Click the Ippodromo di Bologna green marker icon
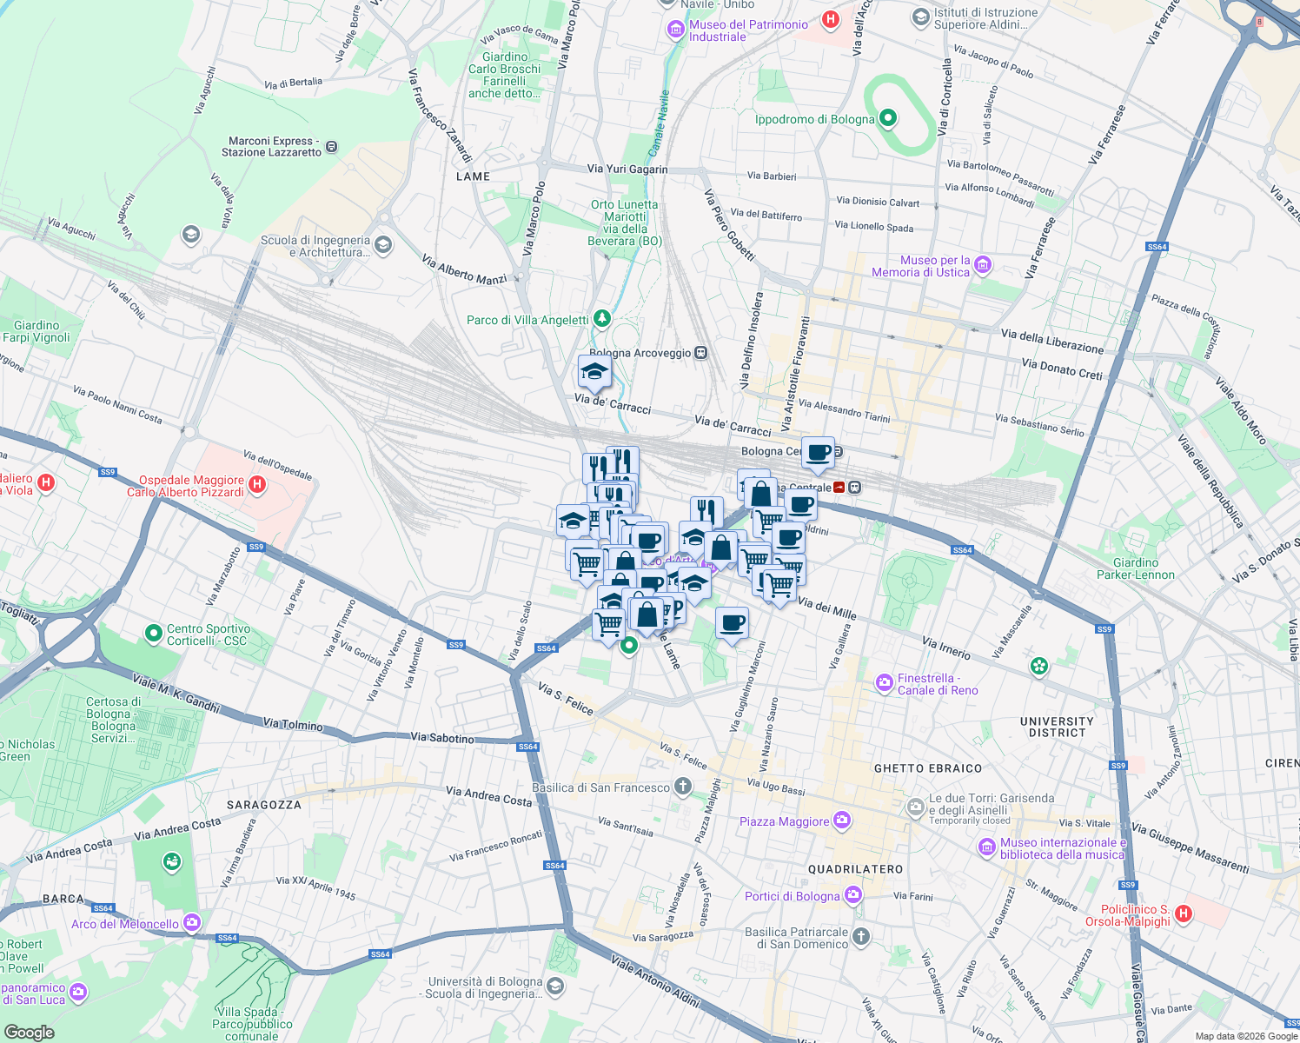(887, 118)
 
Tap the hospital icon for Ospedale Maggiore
(256, 485)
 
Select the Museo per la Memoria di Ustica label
(920, 266)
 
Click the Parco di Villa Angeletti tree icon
(601, 319)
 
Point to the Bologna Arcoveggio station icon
(700, 353)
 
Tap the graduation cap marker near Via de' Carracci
(594, 372)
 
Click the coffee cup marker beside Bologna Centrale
(818, 452)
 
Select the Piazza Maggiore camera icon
(841, 820)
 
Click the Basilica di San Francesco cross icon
(683, 787)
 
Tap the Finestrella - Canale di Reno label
(937, 684)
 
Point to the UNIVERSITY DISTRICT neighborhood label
(1057, 727)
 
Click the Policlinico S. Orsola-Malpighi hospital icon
(1183, 913)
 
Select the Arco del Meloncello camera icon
(191, 922)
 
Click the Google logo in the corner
(29, 1032)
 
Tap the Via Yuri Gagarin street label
(627, 169)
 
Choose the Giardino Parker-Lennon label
(1135, 568)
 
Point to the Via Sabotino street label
(442, 738)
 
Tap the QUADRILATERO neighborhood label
(855, 869)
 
